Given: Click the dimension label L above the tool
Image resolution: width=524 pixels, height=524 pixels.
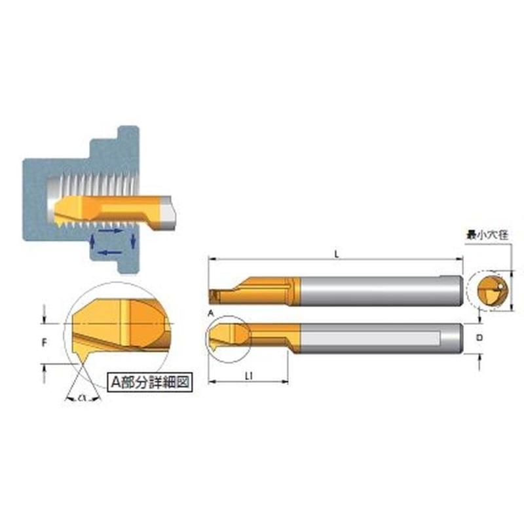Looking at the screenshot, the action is point(337,254).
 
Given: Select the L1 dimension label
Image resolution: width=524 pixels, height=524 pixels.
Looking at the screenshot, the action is point(248,376).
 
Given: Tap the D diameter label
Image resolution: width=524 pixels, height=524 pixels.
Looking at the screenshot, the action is point(479,338).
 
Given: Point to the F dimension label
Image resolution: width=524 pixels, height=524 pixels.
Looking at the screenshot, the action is point(44,343).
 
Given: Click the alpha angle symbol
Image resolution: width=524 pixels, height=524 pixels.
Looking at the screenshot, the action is point(83,398).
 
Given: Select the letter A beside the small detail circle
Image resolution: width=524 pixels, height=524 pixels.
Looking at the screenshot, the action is point(210,313).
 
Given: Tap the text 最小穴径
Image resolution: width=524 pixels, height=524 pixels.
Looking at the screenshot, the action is point(487,235).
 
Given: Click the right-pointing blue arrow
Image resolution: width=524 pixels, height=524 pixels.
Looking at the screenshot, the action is point(111,231).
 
